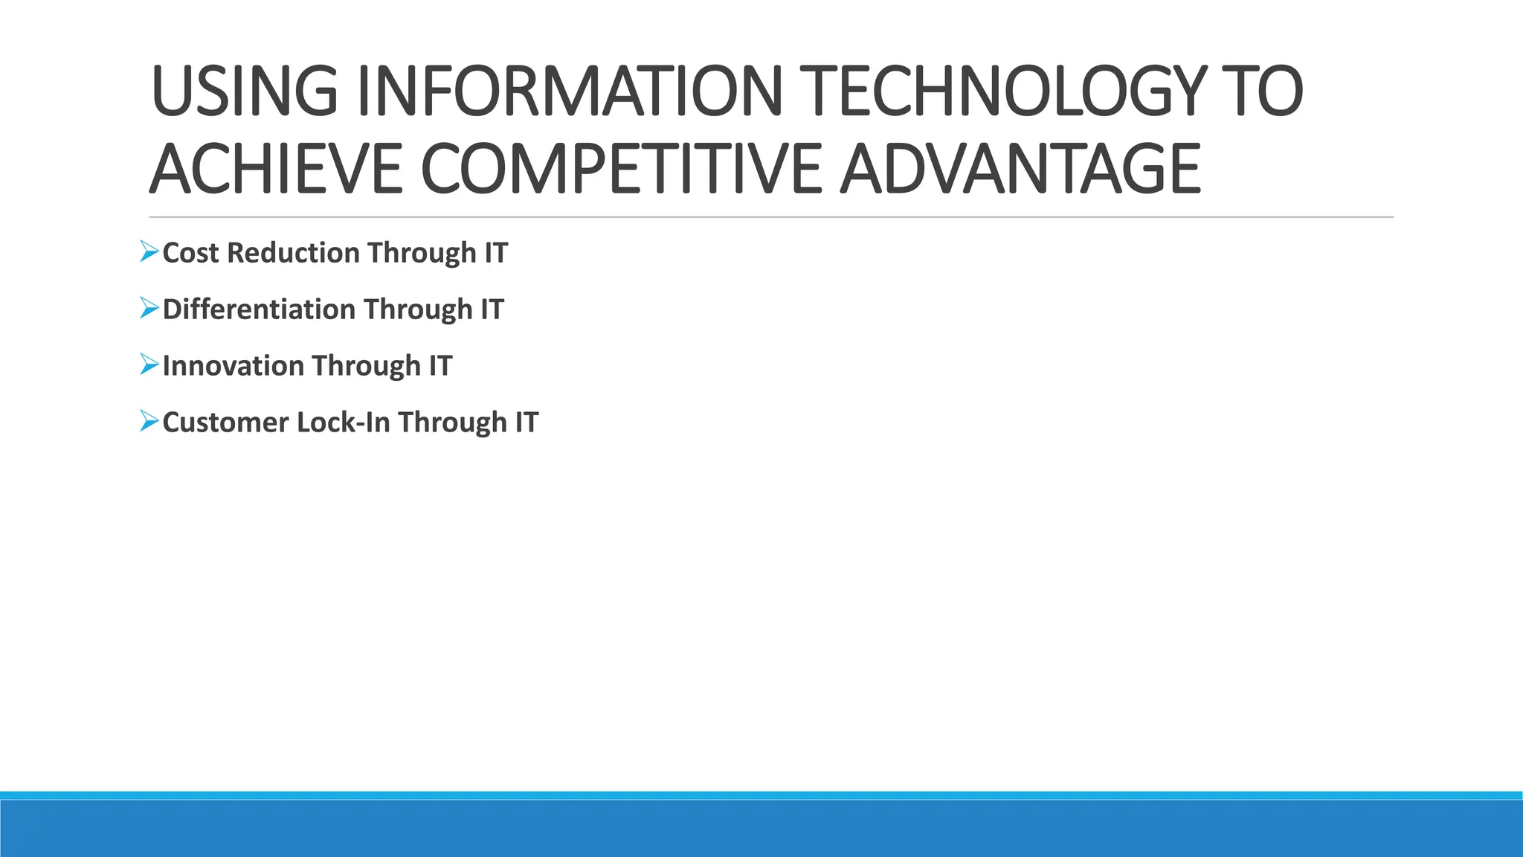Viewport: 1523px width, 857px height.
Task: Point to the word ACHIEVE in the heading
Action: pyautogui.click(x=276, y=170)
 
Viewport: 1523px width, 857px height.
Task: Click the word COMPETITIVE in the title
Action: pyautogui.click(x=622, y=170)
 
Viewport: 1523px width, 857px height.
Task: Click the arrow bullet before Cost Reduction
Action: pyautogui.click(x=149, y=251)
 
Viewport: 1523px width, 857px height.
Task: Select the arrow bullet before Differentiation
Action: pyautogui.click(x=149, y=308)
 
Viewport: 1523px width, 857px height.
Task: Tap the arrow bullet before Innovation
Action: pyautogui.click(x=149, y=365)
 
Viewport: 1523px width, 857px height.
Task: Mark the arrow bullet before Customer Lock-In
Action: pyautogui.click(x=149, y=421)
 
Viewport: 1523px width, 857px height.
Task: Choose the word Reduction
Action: pyautogui.click(x=293, y=253)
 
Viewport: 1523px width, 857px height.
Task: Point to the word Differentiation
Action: pyautogui.click(x=259, y=309)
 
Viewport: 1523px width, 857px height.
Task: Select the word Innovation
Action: pyautogui.click(x=233, y=366)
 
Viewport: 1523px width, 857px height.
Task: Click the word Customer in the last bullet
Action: pyautogui.click(x=225, y=423)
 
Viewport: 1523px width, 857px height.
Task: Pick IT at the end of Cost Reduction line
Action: pyautogui.click(x=496, y=253)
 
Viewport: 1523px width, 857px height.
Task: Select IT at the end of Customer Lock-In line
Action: pyautogui.click(x=527, y=423)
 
